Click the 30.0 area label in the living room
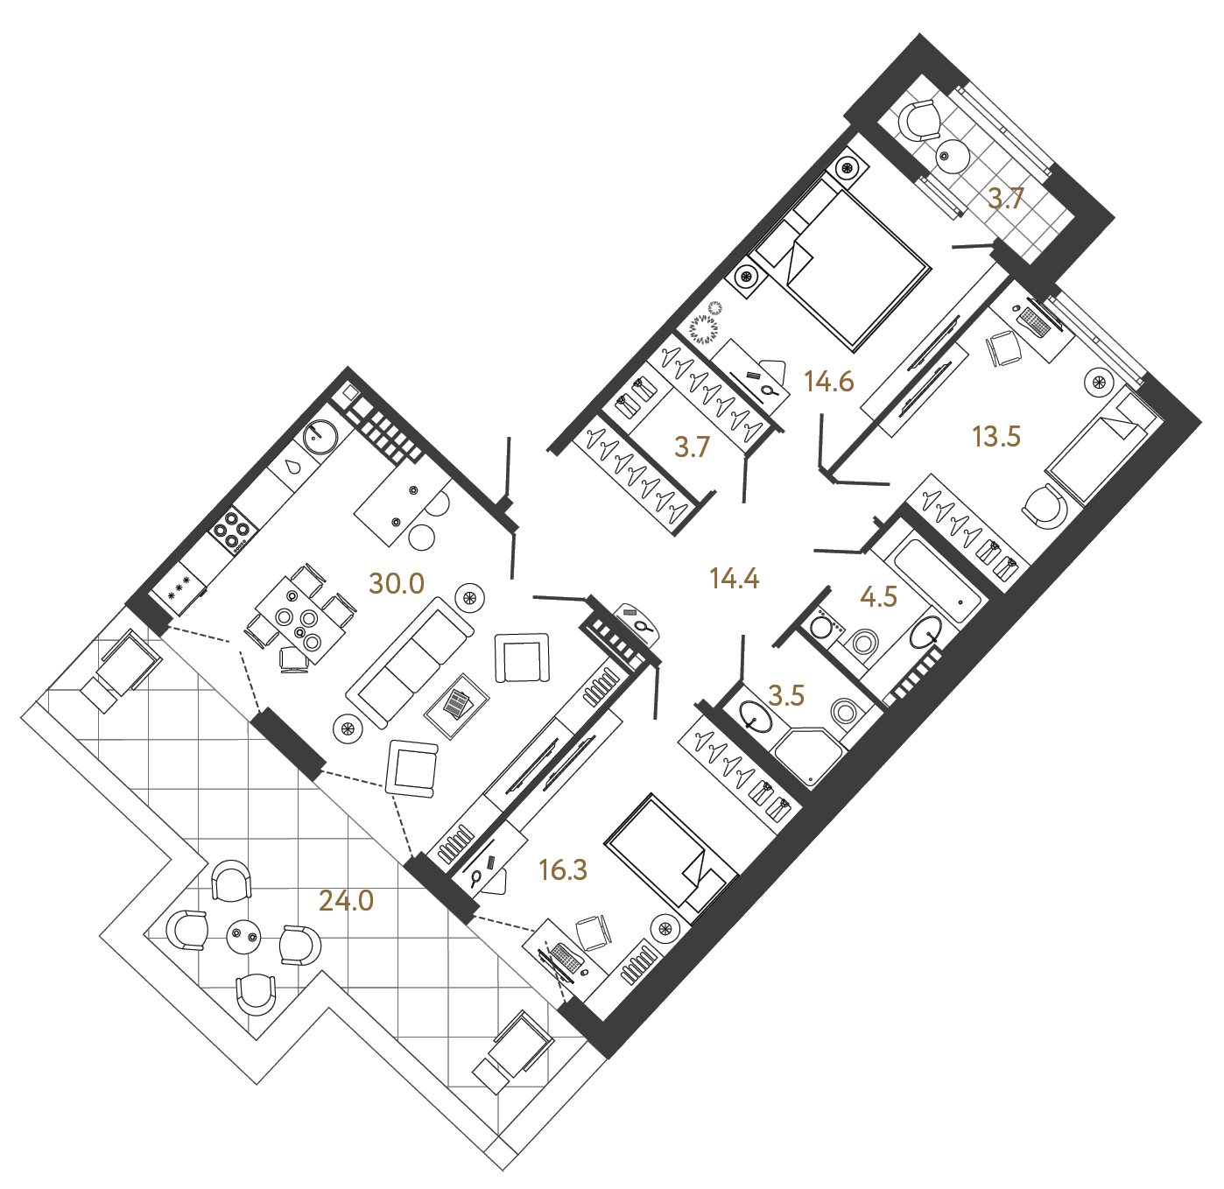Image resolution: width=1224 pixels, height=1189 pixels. tap(397, 583)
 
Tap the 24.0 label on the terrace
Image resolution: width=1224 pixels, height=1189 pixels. tap(346, 900)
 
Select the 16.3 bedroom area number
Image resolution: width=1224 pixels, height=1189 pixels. tap(563, 869)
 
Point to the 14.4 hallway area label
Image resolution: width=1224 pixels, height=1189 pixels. tap(734, 578)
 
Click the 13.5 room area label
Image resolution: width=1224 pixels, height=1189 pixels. tap(996, 435)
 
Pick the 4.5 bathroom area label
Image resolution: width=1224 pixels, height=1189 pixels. tap(878, 596)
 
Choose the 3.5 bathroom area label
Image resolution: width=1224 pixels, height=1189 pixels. tap(785, 695)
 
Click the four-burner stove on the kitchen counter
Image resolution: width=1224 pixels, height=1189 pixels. tap(233, 529)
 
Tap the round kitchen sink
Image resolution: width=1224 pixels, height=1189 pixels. tap(320, 435)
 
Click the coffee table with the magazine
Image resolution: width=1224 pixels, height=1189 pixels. tap(456, 702)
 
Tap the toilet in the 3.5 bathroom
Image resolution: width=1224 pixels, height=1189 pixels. tap(844, 710)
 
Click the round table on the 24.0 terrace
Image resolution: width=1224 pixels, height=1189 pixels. tap(244, 938)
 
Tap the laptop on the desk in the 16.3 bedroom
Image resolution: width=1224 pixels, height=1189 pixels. tap(566, 957)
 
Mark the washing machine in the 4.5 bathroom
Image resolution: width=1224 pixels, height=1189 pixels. tap(822, 626)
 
